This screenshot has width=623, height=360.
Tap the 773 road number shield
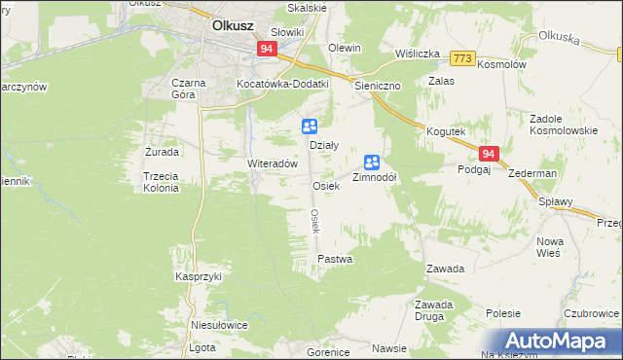coord(462,58)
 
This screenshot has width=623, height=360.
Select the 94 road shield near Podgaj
coord(490,154)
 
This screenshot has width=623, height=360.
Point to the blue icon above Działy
coord(309,126)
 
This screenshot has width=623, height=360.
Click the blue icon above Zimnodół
coord(372,162)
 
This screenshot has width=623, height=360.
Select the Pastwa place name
coord(335,260)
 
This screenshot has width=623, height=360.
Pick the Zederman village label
coord(532,173)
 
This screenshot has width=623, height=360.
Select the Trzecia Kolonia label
coord(161,182)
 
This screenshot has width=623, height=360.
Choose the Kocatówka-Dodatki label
coord(283,84)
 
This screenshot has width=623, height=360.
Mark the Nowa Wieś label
coord(551,247)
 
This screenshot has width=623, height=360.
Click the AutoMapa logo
coord(560,341)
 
